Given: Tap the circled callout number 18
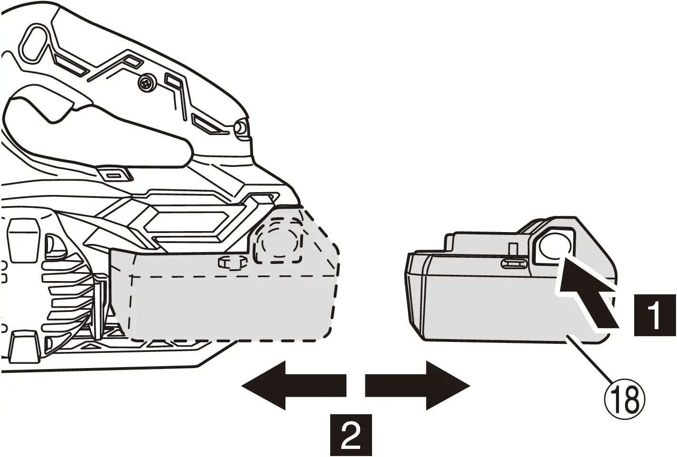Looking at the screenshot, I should coord(625,400).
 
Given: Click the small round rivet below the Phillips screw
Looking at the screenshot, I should coord(240,127).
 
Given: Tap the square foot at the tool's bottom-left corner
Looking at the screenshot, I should coord(21,342).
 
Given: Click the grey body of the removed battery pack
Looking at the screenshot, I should coord(495,304).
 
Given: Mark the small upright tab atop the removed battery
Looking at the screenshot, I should coord(513,249).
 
